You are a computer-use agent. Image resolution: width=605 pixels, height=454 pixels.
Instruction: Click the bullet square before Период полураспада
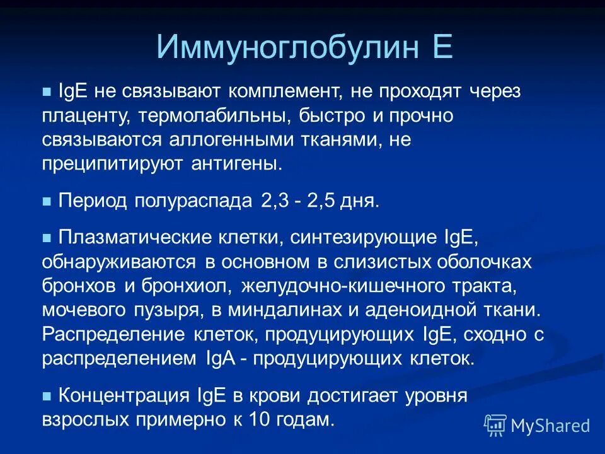[x=46, y=202]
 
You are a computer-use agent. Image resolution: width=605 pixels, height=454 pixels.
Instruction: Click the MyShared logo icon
[x=495, y=426]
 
